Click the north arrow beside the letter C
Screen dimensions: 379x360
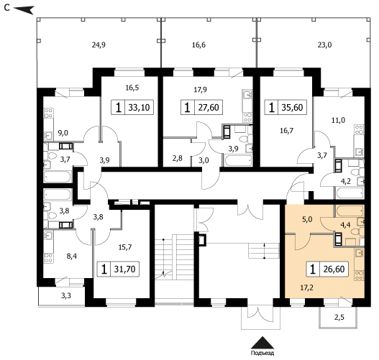(24, 9)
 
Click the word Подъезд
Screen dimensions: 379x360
(262, 353)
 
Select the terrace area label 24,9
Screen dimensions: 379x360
(99, 45)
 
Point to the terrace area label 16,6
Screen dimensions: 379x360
(198, 45)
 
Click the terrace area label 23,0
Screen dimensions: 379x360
(324, 45)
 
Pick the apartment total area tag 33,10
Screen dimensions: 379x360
(132, 107)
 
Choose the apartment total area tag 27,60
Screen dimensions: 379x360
(202, 107)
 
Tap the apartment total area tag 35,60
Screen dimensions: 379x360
(286, 107)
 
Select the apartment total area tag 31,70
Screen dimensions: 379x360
(118, 269)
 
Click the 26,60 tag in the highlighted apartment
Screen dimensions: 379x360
(327, 269)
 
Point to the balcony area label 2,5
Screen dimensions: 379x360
(339, 318)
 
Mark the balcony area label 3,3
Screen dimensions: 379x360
(66, 295)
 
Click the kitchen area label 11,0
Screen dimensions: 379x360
(338, 120)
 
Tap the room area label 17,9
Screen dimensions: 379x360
(201, 90)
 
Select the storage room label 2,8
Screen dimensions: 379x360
(178, 158)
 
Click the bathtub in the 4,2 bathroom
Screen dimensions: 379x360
(350, 193)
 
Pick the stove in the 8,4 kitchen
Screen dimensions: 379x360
(49, 258)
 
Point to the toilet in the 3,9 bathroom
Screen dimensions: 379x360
(244, 139)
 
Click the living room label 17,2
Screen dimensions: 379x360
(307, 288)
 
